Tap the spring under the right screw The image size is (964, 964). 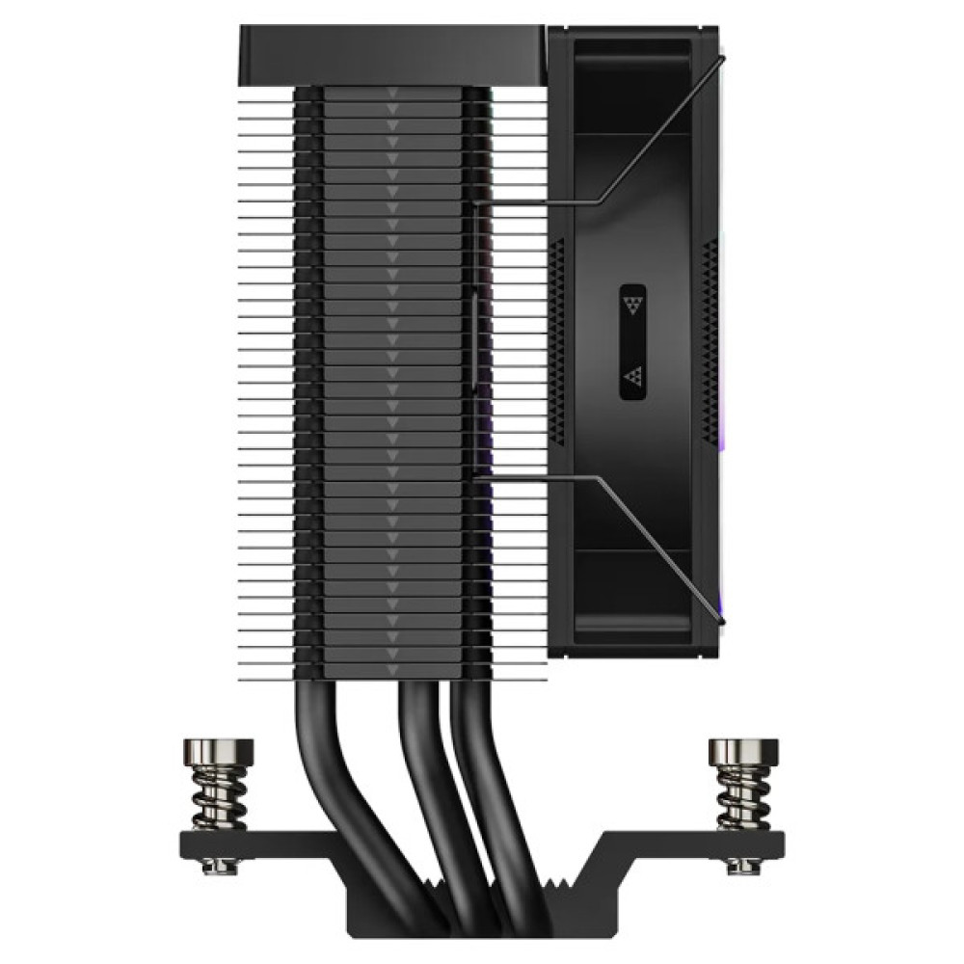(x=740, y=798)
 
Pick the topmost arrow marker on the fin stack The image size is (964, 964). (x=391, y=95)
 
